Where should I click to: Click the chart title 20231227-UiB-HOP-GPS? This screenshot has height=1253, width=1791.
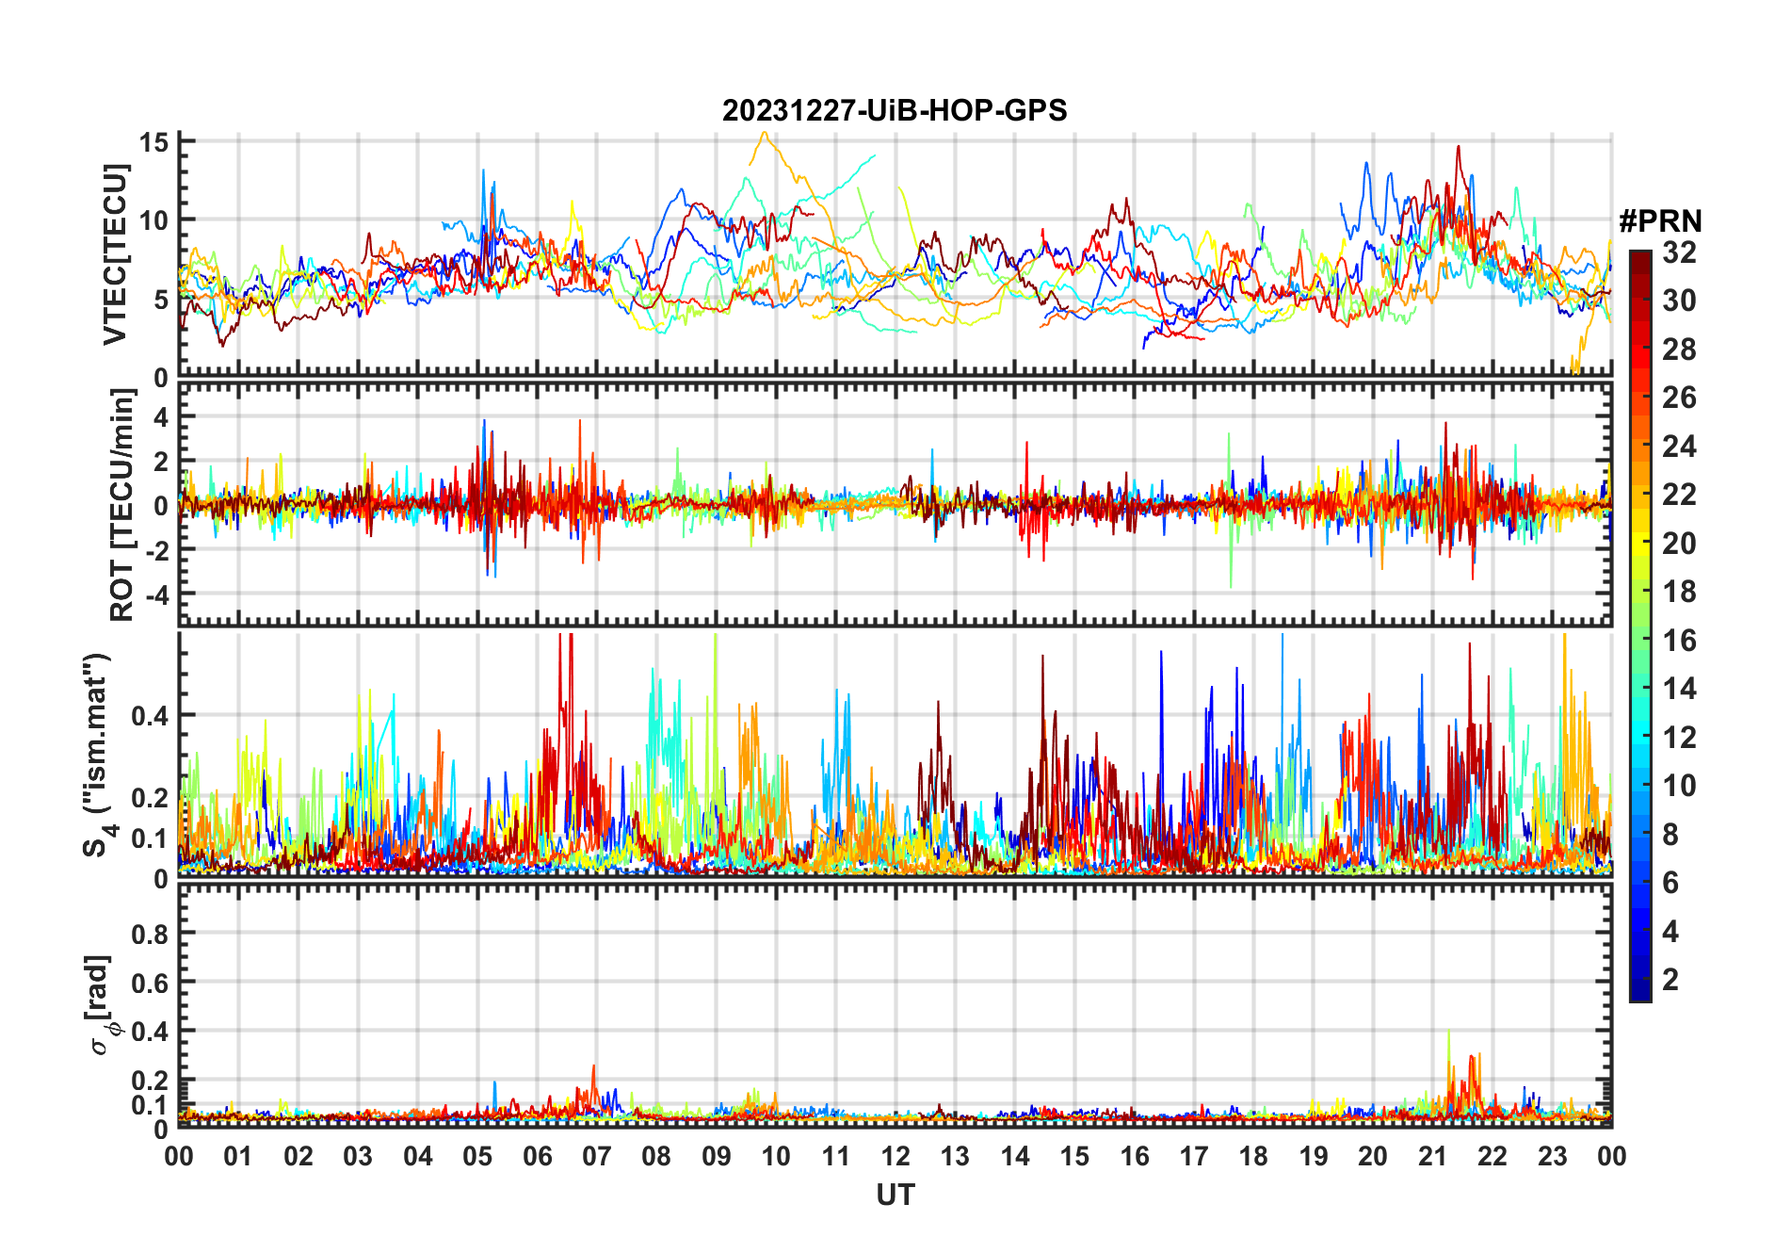point(895,111)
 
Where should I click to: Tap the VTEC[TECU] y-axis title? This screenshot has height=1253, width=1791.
point(115,254)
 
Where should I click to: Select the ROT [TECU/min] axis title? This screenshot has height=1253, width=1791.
point(121,504)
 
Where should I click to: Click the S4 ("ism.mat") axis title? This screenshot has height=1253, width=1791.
point(98,755)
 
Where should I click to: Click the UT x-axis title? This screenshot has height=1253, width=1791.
point(895,1196)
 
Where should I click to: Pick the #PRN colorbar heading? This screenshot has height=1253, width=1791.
point(1660,221)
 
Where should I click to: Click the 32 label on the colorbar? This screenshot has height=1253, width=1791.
point(1679,252)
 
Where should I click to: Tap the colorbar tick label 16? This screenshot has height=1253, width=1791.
point(1679,641)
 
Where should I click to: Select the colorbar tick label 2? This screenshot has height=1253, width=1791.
point(1670,980)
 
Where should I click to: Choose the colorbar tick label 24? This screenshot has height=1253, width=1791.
point(1679,447)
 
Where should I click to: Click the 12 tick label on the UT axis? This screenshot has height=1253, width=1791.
point(895,1157)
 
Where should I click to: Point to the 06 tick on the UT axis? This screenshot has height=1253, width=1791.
point(538,1157)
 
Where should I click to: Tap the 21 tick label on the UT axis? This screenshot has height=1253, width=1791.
point(1432,1157)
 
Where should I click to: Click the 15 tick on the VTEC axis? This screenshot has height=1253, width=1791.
point(153,142)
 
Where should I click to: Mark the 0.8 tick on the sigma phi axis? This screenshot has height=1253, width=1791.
point(149,935)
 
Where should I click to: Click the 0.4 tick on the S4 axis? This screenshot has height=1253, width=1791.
point(149,716)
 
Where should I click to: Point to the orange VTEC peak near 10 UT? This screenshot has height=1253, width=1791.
point(764,134)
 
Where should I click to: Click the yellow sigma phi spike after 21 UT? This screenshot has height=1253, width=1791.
point(1448,1033)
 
